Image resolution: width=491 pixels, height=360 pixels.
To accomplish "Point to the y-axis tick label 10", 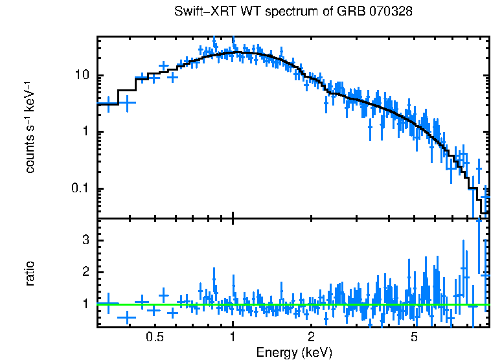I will (82, 76).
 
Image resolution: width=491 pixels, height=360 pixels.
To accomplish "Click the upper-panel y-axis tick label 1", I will (86, 132).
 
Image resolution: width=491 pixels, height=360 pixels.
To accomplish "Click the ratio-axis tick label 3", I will (86, 240).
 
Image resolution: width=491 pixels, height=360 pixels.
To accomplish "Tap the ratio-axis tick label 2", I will (86, 272).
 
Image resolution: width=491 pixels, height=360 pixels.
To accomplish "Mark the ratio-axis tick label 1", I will (86, 304).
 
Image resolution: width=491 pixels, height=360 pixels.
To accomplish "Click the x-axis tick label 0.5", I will (154, 337).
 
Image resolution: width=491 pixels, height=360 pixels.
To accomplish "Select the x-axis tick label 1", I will (233, 337).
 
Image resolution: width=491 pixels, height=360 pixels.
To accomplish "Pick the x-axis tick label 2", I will (311, 337).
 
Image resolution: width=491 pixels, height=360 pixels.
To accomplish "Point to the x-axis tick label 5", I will (415, 337).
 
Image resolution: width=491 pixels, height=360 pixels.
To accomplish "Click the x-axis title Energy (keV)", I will (294, 352).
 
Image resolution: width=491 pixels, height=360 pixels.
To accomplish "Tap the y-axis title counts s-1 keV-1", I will (30, 128).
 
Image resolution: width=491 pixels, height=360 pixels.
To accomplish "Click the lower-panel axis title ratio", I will (30, 273).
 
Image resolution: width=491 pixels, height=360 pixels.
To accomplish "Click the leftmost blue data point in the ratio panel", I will (108, 303).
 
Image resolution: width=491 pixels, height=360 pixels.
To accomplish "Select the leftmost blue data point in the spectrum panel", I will (108, 104).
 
